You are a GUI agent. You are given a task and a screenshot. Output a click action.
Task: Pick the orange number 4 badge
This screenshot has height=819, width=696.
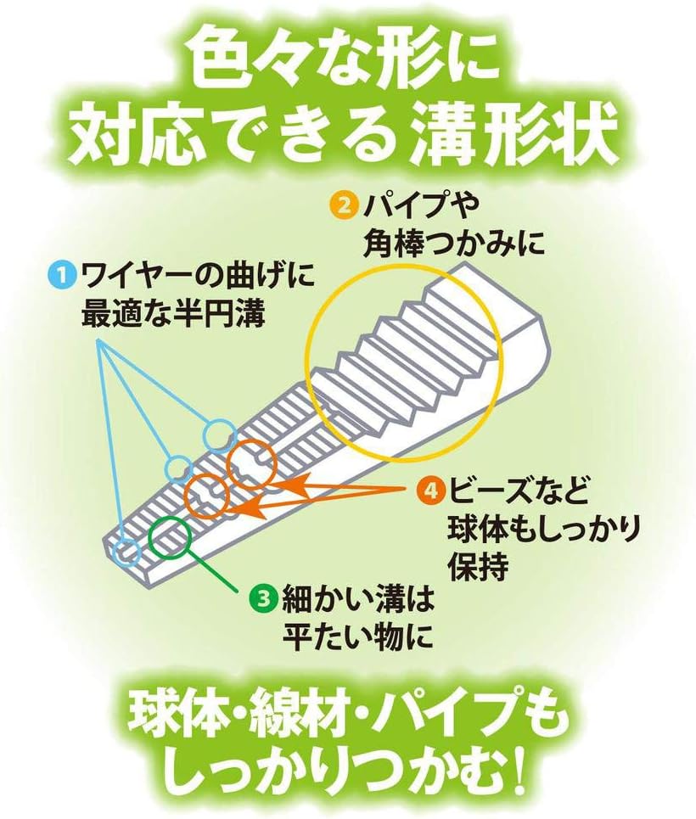pyautogui.click(x=431, y=489)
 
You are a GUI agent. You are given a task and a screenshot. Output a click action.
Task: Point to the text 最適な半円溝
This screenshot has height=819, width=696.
pyautogui.click(x=173, y=316)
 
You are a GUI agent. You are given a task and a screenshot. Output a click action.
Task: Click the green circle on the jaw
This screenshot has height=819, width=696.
pyautogui.click(x=171, y=537)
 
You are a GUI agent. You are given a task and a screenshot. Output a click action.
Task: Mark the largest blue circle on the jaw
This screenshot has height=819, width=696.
pyautogui.click(x=218, y=435)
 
